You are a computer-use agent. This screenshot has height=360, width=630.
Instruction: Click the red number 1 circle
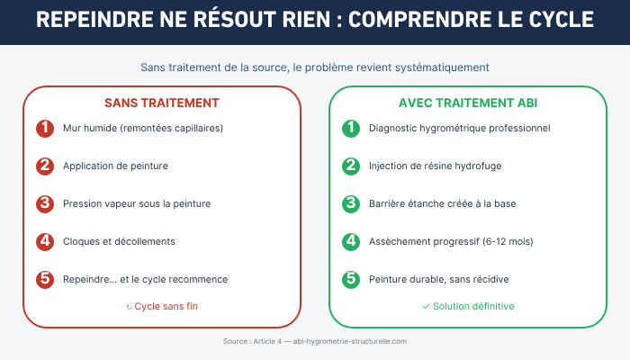point(45,129)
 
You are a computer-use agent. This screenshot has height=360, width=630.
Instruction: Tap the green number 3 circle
point(351,204)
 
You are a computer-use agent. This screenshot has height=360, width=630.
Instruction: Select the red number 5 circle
point(45,280)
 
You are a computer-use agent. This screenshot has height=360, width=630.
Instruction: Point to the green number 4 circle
point(351,242)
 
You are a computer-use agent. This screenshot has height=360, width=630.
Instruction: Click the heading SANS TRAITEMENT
point(162,103)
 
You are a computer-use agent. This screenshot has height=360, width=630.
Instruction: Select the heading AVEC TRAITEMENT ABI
point(468,103)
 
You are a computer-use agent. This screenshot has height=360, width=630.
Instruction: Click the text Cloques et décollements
point(119,241)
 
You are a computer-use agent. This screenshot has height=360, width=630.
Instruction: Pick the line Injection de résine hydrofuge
point(435,166)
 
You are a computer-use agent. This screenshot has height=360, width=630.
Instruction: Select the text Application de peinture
point(115,166)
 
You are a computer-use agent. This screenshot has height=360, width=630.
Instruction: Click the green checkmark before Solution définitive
point(427,307)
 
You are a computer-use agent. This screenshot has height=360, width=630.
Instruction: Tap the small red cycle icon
point(129,308)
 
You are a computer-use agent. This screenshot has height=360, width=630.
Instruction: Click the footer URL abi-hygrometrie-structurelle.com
point(349,341)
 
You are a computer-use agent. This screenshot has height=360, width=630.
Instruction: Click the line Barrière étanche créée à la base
point(443,203)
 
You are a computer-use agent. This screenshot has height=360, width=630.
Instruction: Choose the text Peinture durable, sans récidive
point(439,279)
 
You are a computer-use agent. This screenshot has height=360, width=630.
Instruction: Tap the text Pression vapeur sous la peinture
point(137,203)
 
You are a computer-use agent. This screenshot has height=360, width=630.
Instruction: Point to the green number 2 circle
point(351,166)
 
